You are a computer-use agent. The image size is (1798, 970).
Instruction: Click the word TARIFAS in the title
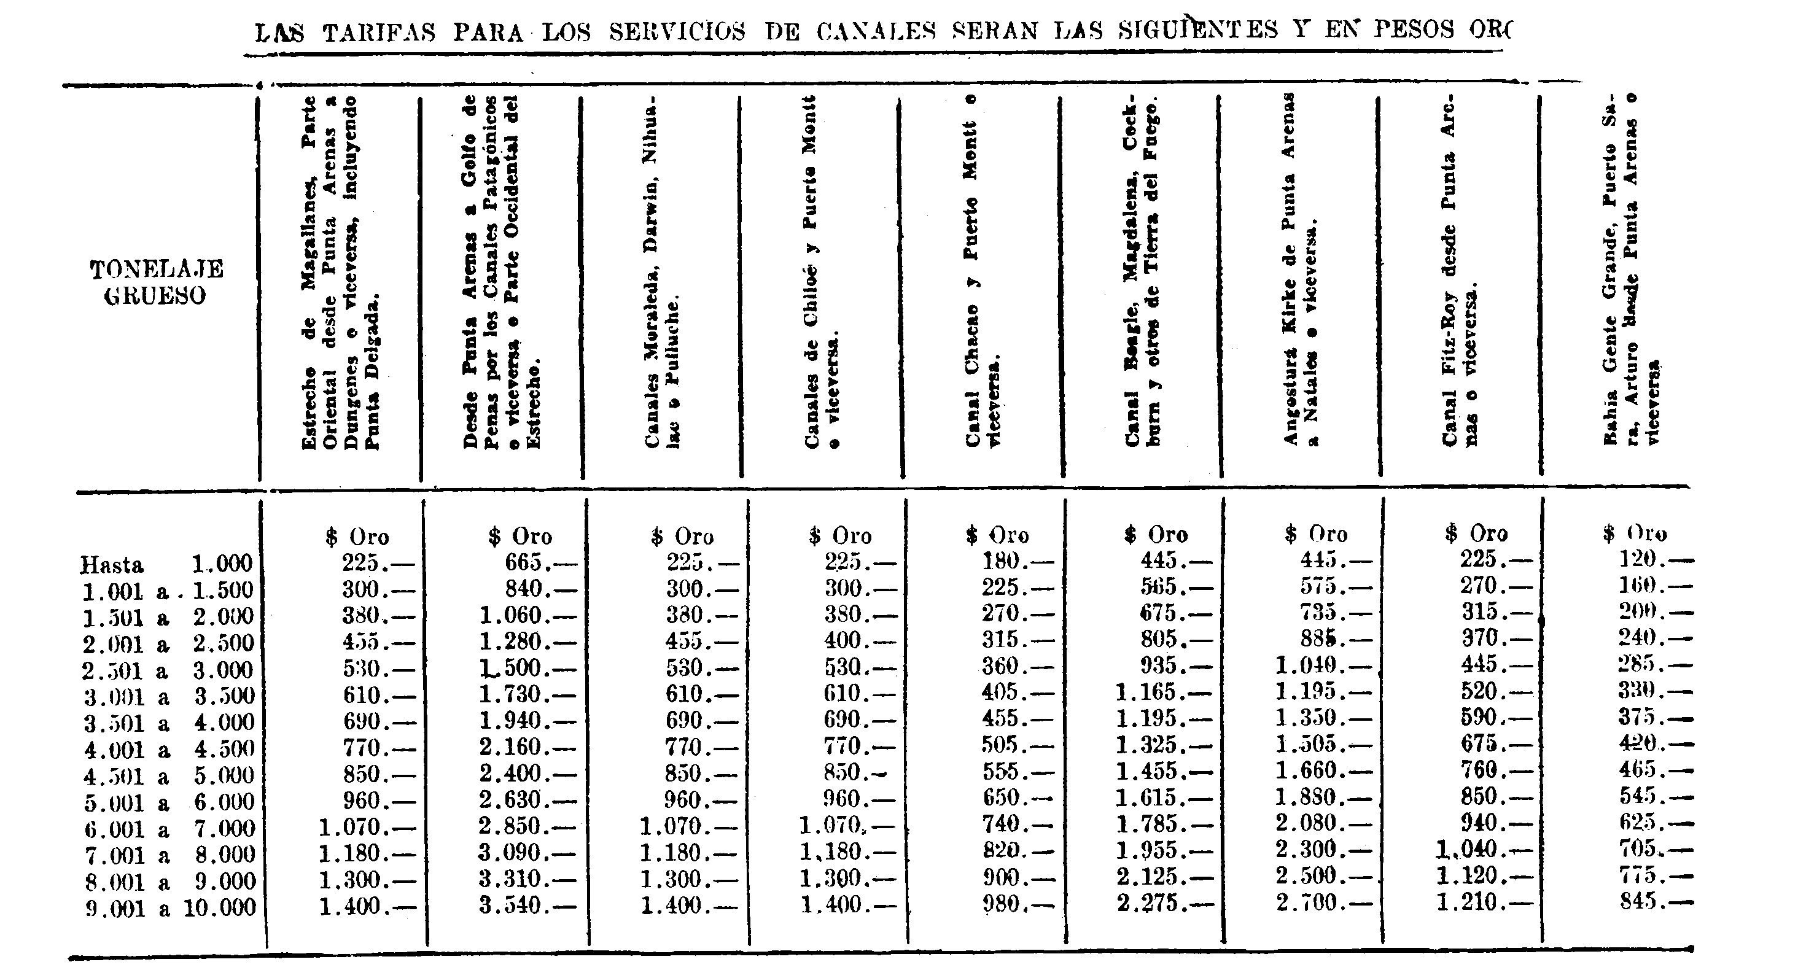pyautogui.click(x=378, y=32)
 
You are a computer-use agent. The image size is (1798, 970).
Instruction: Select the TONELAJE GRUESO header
pyautogui.click(x=157, y=282)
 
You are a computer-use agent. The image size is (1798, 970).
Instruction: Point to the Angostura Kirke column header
pyautogui.click(x=1299, y=272)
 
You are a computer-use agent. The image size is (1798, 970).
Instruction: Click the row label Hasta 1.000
pyautogui.click(x=166, y=564)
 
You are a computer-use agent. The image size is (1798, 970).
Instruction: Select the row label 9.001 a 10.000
pyautogui.click(x=169, y=909)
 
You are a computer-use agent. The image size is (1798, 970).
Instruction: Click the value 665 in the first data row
pyautogui.click(x=530, y=562)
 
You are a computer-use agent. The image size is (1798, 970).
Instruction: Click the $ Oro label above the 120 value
pyautogui.click(x=1635, y=535)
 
